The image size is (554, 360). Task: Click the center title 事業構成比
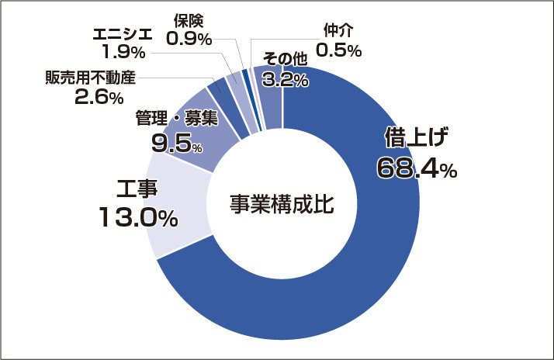(x=282, y=204)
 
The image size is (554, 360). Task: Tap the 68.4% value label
(x=417, y=168)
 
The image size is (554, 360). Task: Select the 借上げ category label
(x=416, y=137)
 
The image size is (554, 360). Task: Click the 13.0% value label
(x=138, y=216)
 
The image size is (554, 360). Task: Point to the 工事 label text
(x=137, y=189)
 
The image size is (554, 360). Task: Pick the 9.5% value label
(x=177, y=144)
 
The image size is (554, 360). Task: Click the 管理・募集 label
(x=177, y=118)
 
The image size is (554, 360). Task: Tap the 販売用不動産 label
(x=91, y=78)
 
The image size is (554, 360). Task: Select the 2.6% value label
(x=99, y=96)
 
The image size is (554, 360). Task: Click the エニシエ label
(x=123, y=34)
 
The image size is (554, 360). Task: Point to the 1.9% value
(x=123, y=52)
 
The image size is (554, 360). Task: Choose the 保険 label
(x=189, y=21)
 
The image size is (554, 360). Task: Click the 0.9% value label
(x=189, y=38)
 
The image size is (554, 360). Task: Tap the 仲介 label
(x=338, y=31)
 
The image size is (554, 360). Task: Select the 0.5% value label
(x=338, y=50)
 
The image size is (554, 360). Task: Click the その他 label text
(x=285, y=59)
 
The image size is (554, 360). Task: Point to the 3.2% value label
(x=285, y=80)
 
